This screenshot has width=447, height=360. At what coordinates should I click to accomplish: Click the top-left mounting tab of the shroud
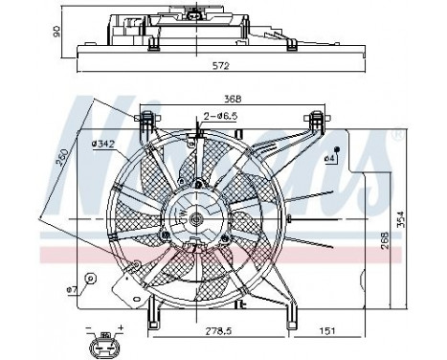click(146, 123)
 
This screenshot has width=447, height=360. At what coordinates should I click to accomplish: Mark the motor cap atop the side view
click(201, 13)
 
